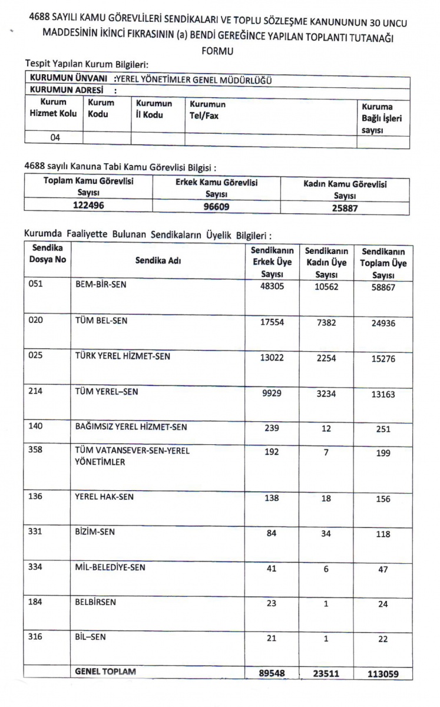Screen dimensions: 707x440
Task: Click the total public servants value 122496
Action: (x=88, y=206)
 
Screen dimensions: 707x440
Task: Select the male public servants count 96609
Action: (x=217, y=206)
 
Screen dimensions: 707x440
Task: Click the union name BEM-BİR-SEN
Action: (x=101, y=285)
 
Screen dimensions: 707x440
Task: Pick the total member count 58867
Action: (x=383, y=286)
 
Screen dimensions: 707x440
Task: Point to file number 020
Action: (x=37, y=321)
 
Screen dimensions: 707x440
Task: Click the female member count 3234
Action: (x=326, y=393)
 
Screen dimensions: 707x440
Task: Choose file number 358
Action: (x=37, y=451)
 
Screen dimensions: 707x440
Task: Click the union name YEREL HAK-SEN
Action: (x=104, y=497)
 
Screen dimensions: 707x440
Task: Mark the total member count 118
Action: (x=383, y=534)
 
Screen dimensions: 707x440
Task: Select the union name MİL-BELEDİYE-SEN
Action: (x=110, y=567)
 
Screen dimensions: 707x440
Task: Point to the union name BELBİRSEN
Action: (x=95, y=602)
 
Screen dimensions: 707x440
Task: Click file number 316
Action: (x=37, y=637)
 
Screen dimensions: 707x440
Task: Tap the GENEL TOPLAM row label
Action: (x=105, y=672)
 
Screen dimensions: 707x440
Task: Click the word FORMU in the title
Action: (x=217, y=51)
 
